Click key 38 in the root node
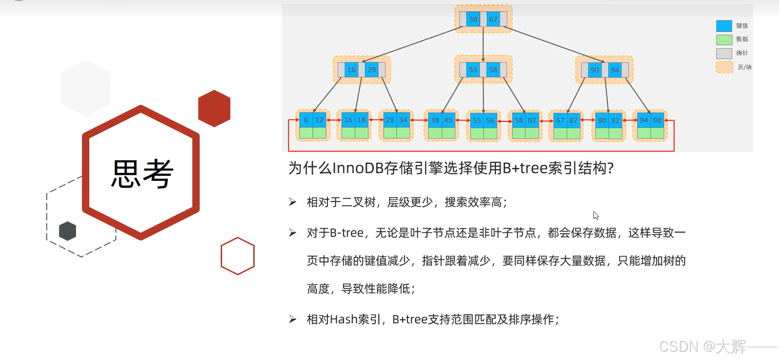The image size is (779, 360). click(473, 19)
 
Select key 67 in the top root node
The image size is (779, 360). click(493, 19)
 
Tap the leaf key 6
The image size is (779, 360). click(306, 120)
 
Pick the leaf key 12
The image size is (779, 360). click(319, 120)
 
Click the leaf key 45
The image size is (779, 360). click(448, 120)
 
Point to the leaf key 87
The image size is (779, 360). click(573, 120)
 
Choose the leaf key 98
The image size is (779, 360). click(657, 120)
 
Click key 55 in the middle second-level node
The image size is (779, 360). click(473, 70)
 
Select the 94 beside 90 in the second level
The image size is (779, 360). click(615, 70)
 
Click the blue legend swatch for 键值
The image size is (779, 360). click(724, 26)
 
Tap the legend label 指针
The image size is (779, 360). click(742, 53)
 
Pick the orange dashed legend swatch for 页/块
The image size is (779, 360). click(725, 67)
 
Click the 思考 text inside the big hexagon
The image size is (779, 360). click(142, 174)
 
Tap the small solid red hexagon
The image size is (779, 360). click(214, 109)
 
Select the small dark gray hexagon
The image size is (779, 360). click(68, 231)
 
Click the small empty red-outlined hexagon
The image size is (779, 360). click(238, 256)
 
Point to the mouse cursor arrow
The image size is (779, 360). click(596, 215)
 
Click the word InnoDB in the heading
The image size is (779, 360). click(358, 168)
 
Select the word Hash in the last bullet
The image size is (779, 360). click(343, 319)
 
